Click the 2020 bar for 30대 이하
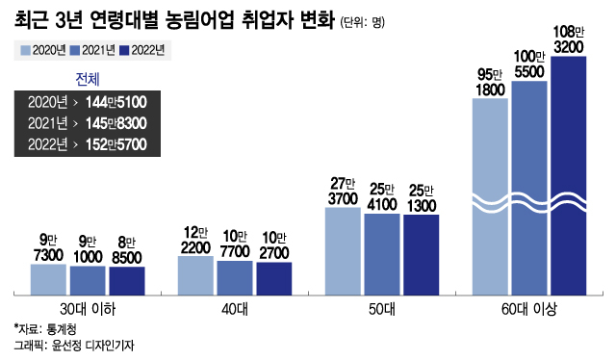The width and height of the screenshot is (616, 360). pos(48,278)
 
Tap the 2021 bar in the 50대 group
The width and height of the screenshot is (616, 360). pos(382,253)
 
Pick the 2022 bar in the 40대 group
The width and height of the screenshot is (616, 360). pos(273,277)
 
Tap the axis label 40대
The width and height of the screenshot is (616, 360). pos(234,308)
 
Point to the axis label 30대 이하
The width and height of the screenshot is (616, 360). pos(87,308)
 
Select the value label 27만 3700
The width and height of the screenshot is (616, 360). pos(343,190)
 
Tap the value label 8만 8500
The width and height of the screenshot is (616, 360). pos(127,249)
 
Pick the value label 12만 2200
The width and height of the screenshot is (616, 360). pos(195,239)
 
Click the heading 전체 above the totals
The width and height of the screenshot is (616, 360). pos(87,78)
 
